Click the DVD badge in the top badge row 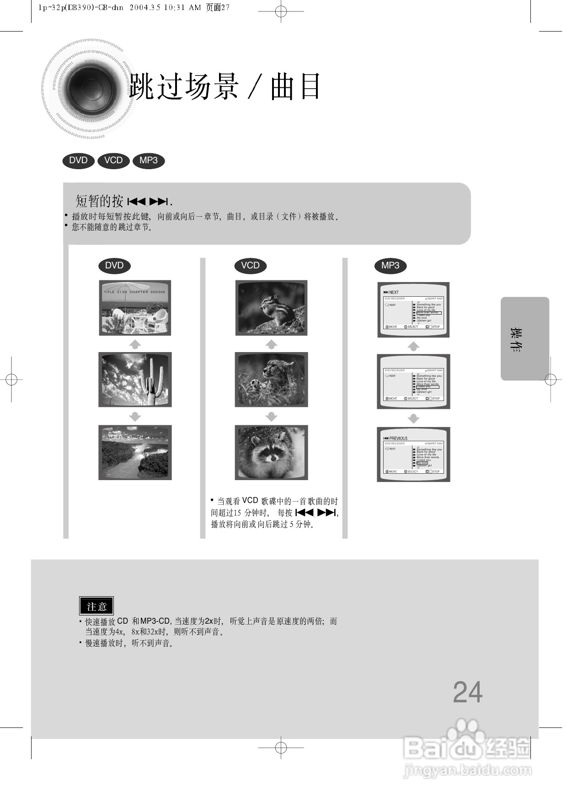(x=78, y=160)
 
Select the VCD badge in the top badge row (x=113, y=160)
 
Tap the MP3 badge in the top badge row (x=149, y=160)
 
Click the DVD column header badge (x=114, y=266)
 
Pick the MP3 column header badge (x=390, y=266)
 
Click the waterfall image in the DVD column (x=135, y=452)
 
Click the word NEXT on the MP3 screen (x=394, y=292)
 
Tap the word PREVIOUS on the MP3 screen (x=398, y=438)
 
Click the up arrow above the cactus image (x=135, y=344)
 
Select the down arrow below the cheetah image (x=272, y=417)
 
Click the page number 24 (x=467, y=692)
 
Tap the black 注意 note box (x=96, y=606)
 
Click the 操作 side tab (x=524, y=339)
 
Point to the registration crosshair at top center (x=281, y=11)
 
